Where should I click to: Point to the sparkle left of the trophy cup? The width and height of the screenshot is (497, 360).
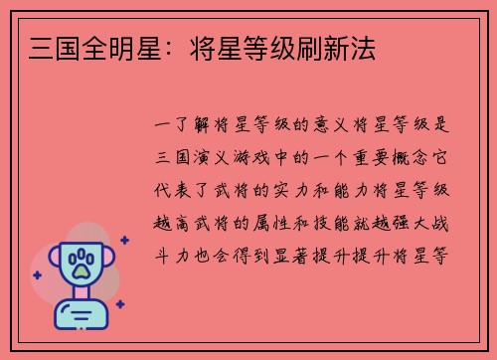(37, 274)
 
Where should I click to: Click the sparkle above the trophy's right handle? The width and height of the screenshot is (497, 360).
(123, 240)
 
